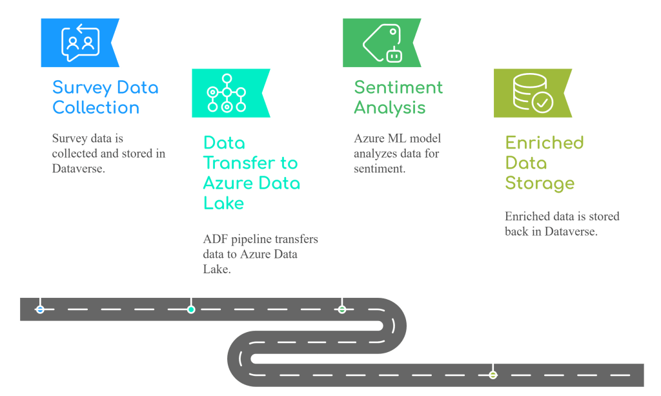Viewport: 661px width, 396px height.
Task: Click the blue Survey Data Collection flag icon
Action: point(81,42)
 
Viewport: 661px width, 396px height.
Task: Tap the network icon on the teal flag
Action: point(227,92)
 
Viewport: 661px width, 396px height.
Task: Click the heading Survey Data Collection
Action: point(105,97)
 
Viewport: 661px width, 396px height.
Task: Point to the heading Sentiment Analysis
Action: point(398,97)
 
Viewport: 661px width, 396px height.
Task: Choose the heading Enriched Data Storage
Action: point(544,162)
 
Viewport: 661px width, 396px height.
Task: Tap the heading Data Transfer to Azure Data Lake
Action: point(251,172)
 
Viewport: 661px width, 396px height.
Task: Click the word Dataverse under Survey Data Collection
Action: point(78,169)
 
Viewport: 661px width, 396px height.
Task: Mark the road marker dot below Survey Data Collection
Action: point(40,309)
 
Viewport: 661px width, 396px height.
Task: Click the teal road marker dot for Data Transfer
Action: point(191,309)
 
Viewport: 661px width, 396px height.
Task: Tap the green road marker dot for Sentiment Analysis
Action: point(341,309)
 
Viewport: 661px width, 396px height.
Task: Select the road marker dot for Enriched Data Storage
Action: point(493,375)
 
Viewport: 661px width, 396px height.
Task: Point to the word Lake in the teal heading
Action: point(224,203)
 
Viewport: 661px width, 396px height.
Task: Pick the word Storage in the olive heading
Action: point(540,183)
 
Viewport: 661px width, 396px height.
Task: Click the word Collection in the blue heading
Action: point(96,107)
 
